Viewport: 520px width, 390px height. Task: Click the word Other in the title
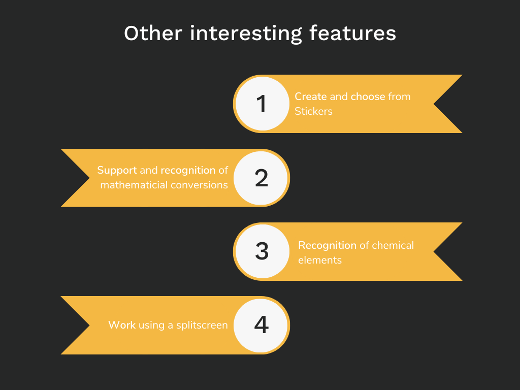pyautogui.click(x=153, y=33)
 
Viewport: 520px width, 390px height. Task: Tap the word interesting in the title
pyautogui.click(x=246, y=34)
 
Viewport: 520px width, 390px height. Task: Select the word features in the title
pyautogui.click(x=352, y=33)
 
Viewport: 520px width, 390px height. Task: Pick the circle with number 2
pyautogui.click(x=261, y=178)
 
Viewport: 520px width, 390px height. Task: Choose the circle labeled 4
pyautogui.click(x=261, y=325)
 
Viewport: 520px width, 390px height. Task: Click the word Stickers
pyautogui.click(x=313, y=111)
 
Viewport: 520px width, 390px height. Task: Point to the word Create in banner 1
pyautogui.click(x=311, y=96)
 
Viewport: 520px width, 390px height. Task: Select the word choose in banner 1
pyautogui.click(x=368, y=96)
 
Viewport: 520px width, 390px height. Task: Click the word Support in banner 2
pyautogui.click(x=117, y=171)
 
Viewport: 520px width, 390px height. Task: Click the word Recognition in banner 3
pyautogui.click(x=328, y=246)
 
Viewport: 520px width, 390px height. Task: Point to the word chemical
pyautogui.click(x=393, y=245)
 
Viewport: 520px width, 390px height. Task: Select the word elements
pyautogui.click(x=320, y=260)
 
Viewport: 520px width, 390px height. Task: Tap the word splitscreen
pyautogui.click(x=202, y=326)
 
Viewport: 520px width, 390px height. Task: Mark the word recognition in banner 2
pyautogui.click(x=188, y=171)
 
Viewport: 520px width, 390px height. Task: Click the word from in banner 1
pyautogui.click(x=399, y=96)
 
